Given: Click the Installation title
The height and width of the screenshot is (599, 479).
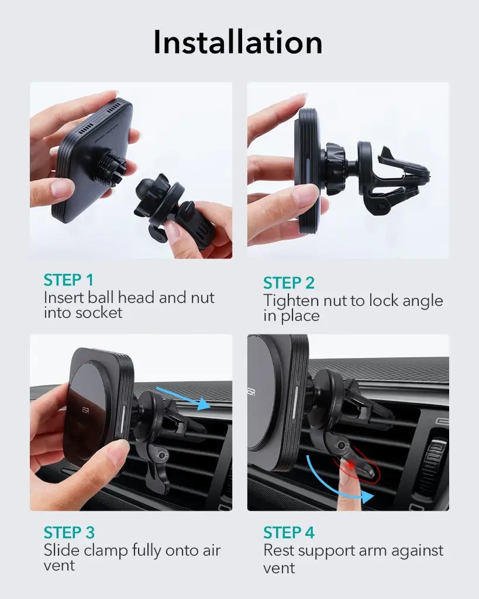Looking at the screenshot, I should (238, 42).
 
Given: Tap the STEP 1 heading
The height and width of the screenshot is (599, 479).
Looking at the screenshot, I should (68, 280).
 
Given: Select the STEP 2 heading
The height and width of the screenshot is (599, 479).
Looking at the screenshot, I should (288, 283).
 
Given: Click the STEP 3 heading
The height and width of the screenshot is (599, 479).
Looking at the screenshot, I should (68, 533).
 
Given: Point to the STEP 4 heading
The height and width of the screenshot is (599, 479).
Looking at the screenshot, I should (288, 533).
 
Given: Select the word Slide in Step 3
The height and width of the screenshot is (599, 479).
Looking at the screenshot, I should (60, 550).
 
